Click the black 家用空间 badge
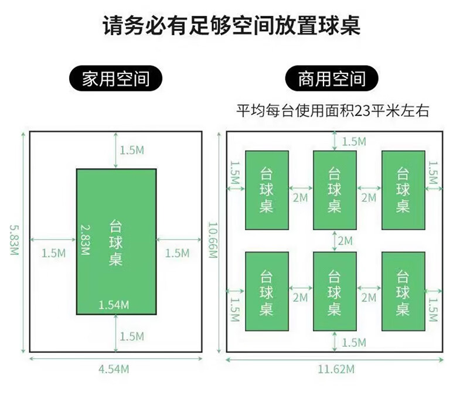click(x=115, y=79)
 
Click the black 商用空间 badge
click(x=332, y=79)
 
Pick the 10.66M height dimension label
click(x=213, y=240)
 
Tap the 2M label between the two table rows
click(x=345, y=241)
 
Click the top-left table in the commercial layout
click(x=267, y=190)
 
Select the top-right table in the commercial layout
click(x=403, y=190)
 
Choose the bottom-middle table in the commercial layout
click(x=335, y=292)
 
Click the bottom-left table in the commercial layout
click(x=267, y=292)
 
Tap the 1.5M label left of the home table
click(x=54, y=253)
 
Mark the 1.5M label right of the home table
click(x=177, y=253)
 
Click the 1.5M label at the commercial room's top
click(x=354, y=142)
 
